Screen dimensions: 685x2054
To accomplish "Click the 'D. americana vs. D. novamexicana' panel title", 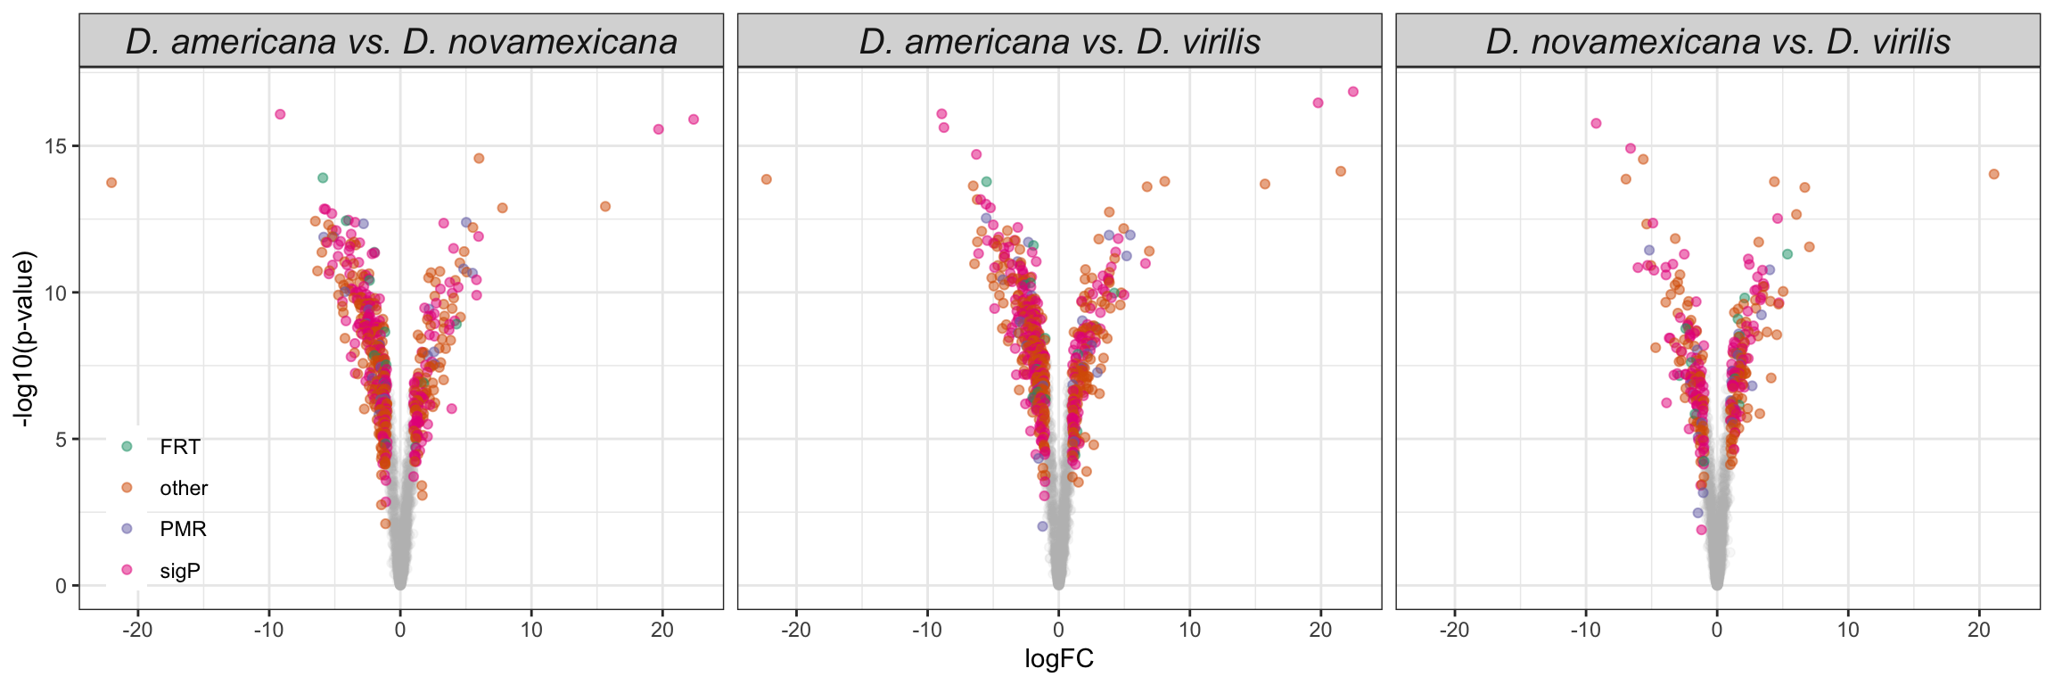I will point(401,42).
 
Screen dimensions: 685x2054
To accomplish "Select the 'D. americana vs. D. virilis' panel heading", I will point(1059,42).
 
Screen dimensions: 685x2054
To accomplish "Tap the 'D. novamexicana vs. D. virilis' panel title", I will point(1718,42).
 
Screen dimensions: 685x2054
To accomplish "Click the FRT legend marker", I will point(127,446).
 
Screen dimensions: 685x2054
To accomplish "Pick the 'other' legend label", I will point(184,488).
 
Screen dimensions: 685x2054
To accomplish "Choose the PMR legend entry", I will point(183,529).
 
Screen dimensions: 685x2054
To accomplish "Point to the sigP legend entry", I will point(179,571).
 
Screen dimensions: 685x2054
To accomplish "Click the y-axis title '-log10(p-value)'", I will point(24,339).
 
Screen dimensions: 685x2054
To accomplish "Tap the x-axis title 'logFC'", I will point(1059,659).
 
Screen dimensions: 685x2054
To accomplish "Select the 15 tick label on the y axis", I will point(54,146).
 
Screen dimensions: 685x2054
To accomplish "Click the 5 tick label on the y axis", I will point(61,440).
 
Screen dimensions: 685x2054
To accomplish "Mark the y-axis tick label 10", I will point(54,293).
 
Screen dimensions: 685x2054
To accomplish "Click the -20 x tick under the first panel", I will point(137,630).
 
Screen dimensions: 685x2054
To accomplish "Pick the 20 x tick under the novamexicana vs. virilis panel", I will point(1979,630).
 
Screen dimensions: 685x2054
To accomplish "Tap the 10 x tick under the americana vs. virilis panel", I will point(1189,630).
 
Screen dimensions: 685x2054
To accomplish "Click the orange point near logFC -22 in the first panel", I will point(111,183).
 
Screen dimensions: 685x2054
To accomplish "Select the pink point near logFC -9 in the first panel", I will point(280,114).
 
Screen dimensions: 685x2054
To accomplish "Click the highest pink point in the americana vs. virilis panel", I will point(1352,92).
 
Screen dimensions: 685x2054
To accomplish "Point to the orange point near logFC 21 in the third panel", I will point(1994,174).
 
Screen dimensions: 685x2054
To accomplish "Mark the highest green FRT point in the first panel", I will point(323,177).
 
